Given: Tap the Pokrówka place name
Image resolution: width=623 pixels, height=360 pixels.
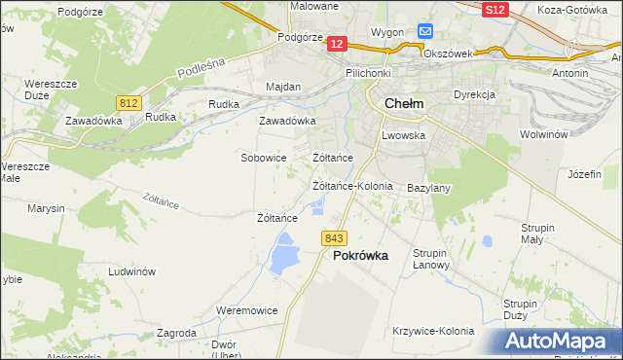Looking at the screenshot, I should (360, 256).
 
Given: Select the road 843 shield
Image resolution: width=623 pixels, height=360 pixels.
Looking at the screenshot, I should (334, 238).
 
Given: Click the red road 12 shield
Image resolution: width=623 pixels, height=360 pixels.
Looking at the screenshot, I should (337, 44).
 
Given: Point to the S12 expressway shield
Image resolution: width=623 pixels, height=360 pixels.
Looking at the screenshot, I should (495, 9).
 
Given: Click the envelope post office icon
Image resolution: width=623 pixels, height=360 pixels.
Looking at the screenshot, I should (425, 31).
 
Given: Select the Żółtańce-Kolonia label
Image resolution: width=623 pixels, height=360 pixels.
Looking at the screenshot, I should (351, 186).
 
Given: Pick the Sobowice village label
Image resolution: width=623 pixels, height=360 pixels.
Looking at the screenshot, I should (263, 157).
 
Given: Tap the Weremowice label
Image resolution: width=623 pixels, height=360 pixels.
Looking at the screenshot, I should (246, 310).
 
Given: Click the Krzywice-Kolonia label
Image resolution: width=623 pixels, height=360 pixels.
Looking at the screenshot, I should (432, 331).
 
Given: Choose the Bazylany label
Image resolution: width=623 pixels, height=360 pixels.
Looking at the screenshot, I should (428, 187).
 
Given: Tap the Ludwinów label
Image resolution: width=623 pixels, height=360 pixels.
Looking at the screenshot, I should (132, 272).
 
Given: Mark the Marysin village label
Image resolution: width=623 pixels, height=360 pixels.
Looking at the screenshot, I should (46, 208).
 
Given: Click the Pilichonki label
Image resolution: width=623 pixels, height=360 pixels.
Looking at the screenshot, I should (367, 73).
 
